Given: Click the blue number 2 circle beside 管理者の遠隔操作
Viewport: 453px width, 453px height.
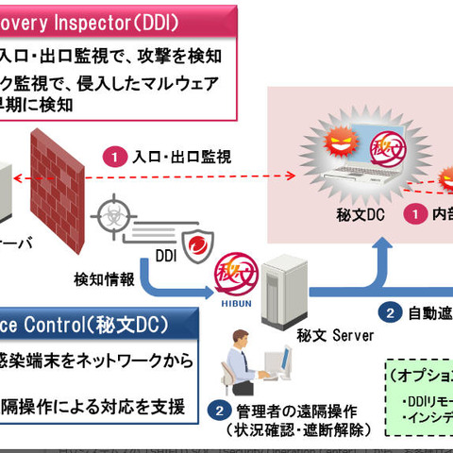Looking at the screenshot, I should [x=219, y=411].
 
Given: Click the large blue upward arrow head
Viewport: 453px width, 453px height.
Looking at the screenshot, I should [x=384, y=248].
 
